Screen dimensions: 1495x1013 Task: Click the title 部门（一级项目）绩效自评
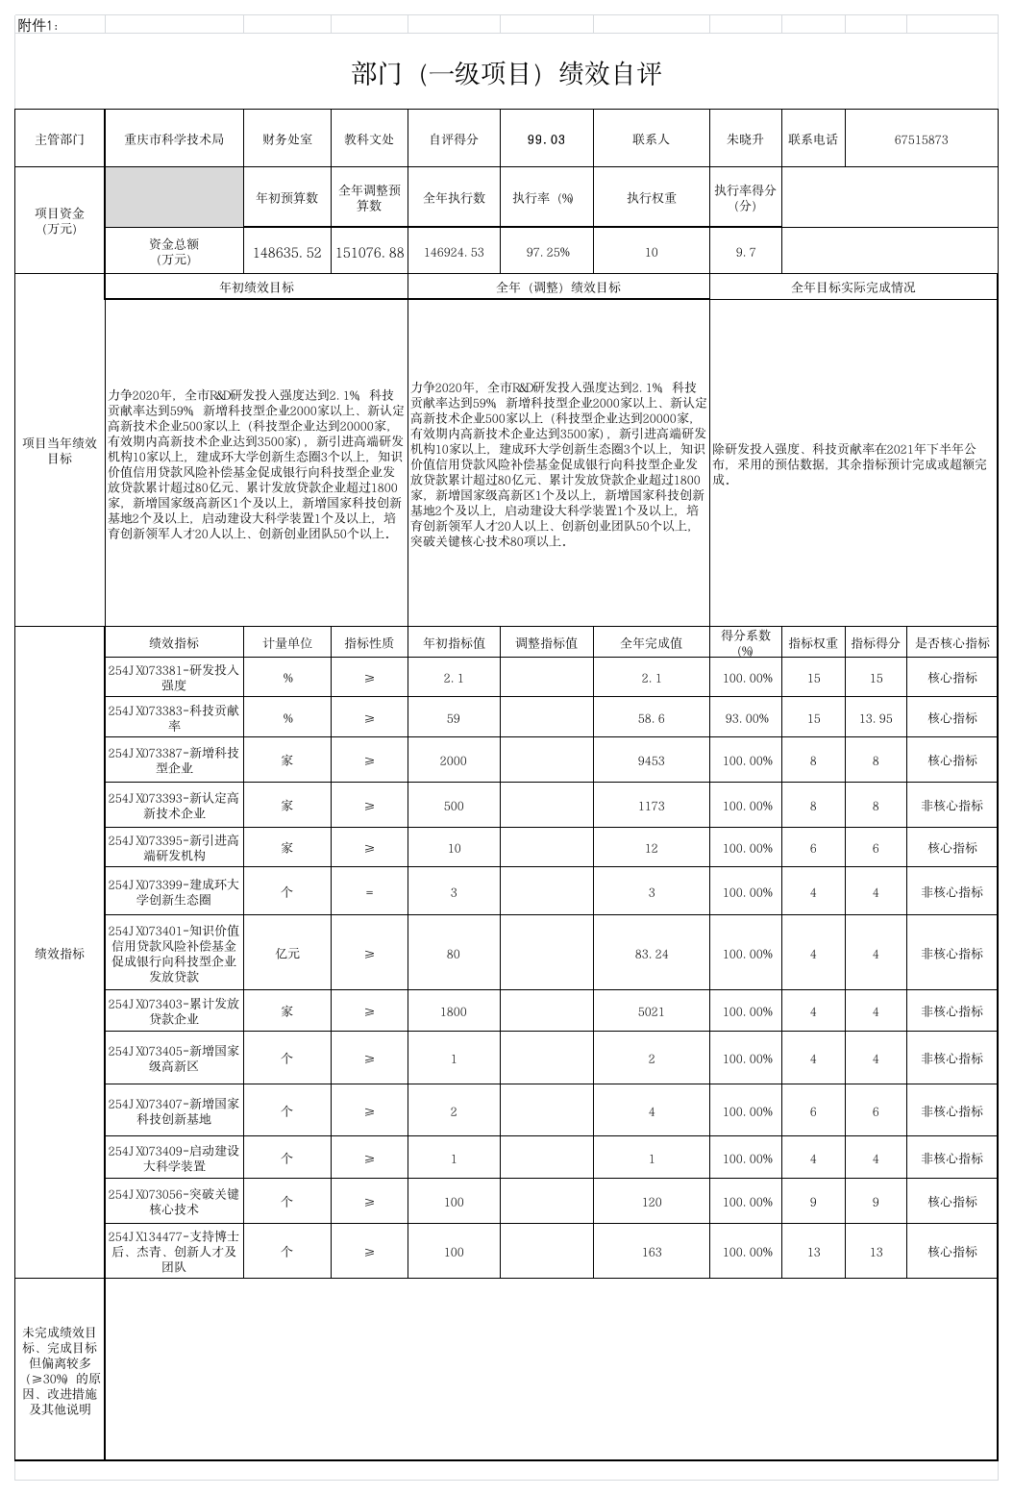pos(506,74)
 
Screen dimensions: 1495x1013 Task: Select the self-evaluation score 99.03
pos(547,139)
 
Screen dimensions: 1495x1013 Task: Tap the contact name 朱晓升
pos(745,139)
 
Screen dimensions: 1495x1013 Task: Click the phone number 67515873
pos(921,139)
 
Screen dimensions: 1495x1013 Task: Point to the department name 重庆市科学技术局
pos(174,139)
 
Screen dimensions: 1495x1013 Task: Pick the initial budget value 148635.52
pos(287,253)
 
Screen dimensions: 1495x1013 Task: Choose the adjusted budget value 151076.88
pos(370,253)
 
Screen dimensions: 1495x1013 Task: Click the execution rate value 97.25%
pos(547,253)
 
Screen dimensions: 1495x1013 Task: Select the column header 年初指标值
pos(454,643)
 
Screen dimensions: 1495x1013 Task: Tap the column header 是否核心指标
pos(951,643)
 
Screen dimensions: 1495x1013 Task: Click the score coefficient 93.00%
pos(747,719)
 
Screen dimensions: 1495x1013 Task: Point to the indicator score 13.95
pos(876,719)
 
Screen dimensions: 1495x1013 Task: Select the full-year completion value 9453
pos(651,760)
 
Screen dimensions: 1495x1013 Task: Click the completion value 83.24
pos(651,954)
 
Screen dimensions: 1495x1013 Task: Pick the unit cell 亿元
pos(287,954)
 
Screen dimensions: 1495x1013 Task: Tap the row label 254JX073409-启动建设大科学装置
pos(174,1159)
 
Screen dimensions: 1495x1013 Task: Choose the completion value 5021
pos(651,1011)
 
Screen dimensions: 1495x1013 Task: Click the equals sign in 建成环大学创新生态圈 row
pos(370,892)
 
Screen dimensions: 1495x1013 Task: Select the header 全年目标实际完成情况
pos(852,287)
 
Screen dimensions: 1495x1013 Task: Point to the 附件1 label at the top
pos(38,26)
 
